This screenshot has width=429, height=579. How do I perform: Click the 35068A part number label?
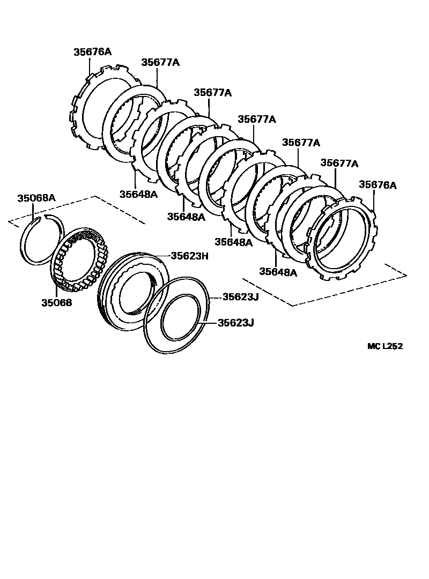[36, 198]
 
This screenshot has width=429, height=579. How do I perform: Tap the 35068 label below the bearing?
[57, 302]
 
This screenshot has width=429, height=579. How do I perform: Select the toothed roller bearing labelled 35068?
[80, 257]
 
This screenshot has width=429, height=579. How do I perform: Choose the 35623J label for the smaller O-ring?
[235, 323]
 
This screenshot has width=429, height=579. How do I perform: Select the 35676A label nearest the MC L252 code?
[378, 185]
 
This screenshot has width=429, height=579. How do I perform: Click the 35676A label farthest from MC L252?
[92, 52]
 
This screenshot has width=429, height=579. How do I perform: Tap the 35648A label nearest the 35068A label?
[138, 194]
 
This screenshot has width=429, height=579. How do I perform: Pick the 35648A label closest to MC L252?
[278, 272]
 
